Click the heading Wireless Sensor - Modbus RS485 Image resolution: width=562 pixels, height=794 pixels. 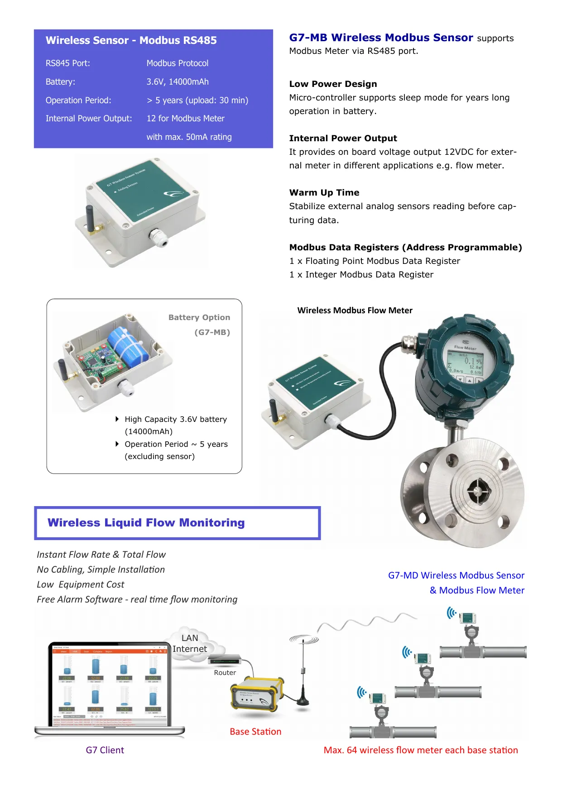131,40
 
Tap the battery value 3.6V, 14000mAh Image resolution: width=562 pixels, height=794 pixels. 178,82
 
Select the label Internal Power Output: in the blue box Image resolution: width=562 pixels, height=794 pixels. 89,119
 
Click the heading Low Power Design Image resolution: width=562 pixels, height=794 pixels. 333,84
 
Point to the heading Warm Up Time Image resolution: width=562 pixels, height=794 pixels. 324,192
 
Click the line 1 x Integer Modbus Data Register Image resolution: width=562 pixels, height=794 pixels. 361,274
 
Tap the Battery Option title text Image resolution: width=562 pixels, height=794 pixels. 199,317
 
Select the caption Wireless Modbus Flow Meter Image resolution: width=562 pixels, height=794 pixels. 355,311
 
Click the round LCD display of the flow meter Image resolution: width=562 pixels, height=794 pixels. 465,361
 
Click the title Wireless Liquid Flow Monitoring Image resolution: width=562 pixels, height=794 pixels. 146,523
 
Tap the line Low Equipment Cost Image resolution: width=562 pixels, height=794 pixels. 80,584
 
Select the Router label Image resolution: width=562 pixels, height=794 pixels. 225,673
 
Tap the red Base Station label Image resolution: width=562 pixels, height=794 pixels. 255,732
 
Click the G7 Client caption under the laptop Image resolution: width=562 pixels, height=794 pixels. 105,750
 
